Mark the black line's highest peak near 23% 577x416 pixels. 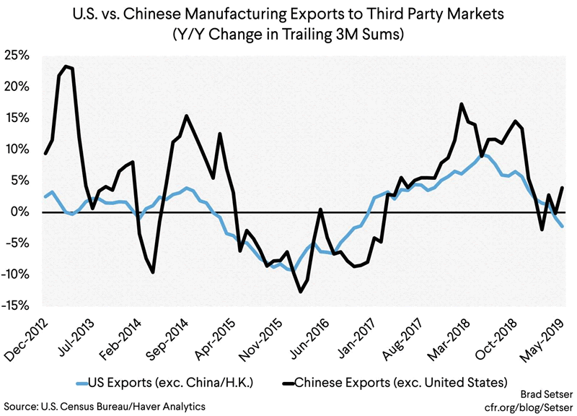pyautogui.click(x=66, y=66)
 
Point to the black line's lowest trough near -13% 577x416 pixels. pyautogui.click(x=301, y=292)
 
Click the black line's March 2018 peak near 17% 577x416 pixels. pyautogui.click(x=461, y=104)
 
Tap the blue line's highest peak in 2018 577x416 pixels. pyautogui.click(x=484, y=155)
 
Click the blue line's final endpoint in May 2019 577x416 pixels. pyautogui.click(x=563, y=227)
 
